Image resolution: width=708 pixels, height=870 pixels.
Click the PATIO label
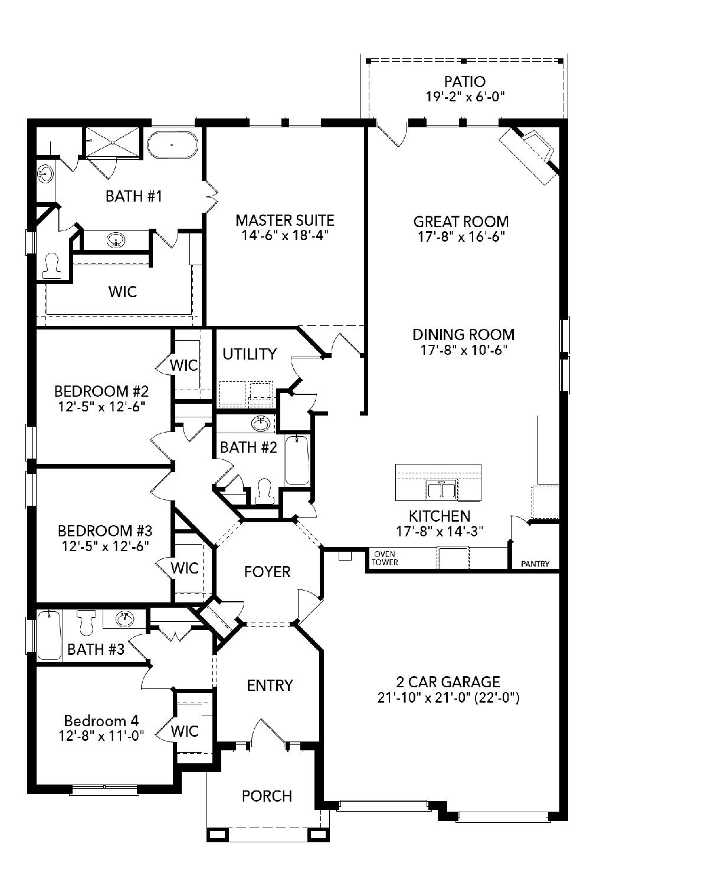465,82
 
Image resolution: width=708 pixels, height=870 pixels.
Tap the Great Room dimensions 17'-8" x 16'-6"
461,237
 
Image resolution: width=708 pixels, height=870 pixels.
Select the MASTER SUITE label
285,220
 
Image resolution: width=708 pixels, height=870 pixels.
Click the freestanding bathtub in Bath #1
172,144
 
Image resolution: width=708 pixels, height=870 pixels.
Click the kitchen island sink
442,489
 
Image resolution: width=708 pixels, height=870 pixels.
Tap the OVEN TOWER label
384,558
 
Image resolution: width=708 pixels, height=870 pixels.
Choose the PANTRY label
535,564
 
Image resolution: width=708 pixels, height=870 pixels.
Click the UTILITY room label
250,354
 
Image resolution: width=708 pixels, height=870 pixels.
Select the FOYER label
267,572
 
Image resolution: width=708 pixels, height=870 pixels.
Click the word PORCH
267,796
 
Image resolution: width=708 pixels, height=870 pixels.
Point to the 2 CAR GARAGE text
448,682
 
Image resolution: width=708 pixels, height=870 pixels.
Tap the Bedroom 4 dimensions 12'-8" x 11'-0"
101,736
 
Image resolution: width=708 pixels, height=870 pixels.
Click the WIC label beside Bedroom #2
183,365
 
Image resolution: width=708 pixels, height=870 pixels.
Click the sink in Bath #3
124,619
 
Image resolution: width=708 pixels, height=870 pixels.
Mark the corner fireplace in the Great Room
530,155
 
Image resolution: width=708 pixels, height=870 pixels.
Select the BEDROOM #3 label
105,531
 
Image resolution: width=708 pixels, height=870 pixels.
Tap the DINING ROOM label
463,335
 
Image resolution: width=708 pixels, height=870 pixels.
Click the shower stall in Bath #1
113,141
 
